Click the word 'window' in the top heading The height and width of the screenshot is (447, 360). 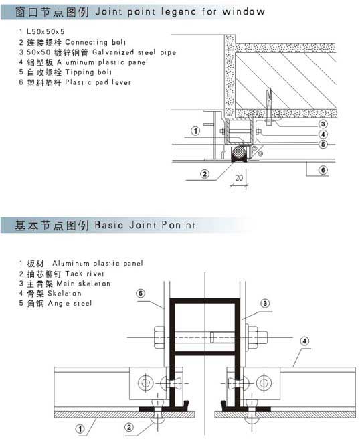pyautogui.click(x=244, y=12)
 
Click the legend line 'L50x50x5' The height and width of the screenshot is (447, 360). pyautogui.click(x=46, y=31)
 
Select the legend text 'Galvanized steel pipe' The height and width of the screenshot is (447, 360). pyautogui.click(x=134, y=52)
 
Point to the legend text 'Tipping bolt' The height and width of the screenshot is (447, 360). pyautogui.click(x=88, y=72)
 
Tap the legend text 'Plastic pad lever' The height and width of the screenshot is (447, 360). pyautogui.click(x=98, y=82)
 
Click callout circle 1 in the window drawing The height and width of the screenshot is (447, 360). pyautogui.click(x=195, y=131)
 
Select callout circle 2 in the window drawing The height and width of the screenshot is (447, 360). pyautogui.click(x=205, y=173)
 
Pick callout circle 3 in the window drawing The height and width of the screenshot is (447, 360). pyautogui.click(x=323, y=124)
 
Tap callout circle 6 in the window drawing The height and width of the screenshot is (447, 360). pyautogui.click(x=323, y=170)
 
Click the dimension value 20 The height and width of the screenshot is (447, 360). pyautogui.click(x=239, y=178)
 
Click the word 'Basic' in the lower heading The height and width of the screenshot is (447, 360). pyautogui.click(x=109, y=225)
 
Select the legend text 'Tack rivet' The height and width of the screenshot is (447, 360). pyautogui.click(x=84, y=274)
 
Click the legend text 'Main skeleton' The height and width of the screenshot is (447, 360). pyautogui.click(x=83, y=284)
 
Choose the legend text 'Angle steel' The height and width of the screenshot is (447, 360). pyautogui.click(x=70, y=303)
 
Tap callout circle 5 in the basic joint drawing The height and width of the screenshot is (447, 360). pyautogui.click(x=141, y=293)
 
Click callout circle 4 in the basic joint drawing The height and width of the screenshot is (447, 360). pyautogui.click(x=304, y=341)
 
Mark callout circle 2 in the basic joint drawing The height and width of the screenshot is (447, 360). pyautogui.click(x=129, y=427)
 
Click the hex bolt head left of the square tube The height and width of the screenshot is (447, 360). pyautogui.click(x=159, y=337)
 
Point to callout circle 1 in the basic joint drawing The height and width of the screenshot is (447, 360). pyautogui.click(x=80, y=428)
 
